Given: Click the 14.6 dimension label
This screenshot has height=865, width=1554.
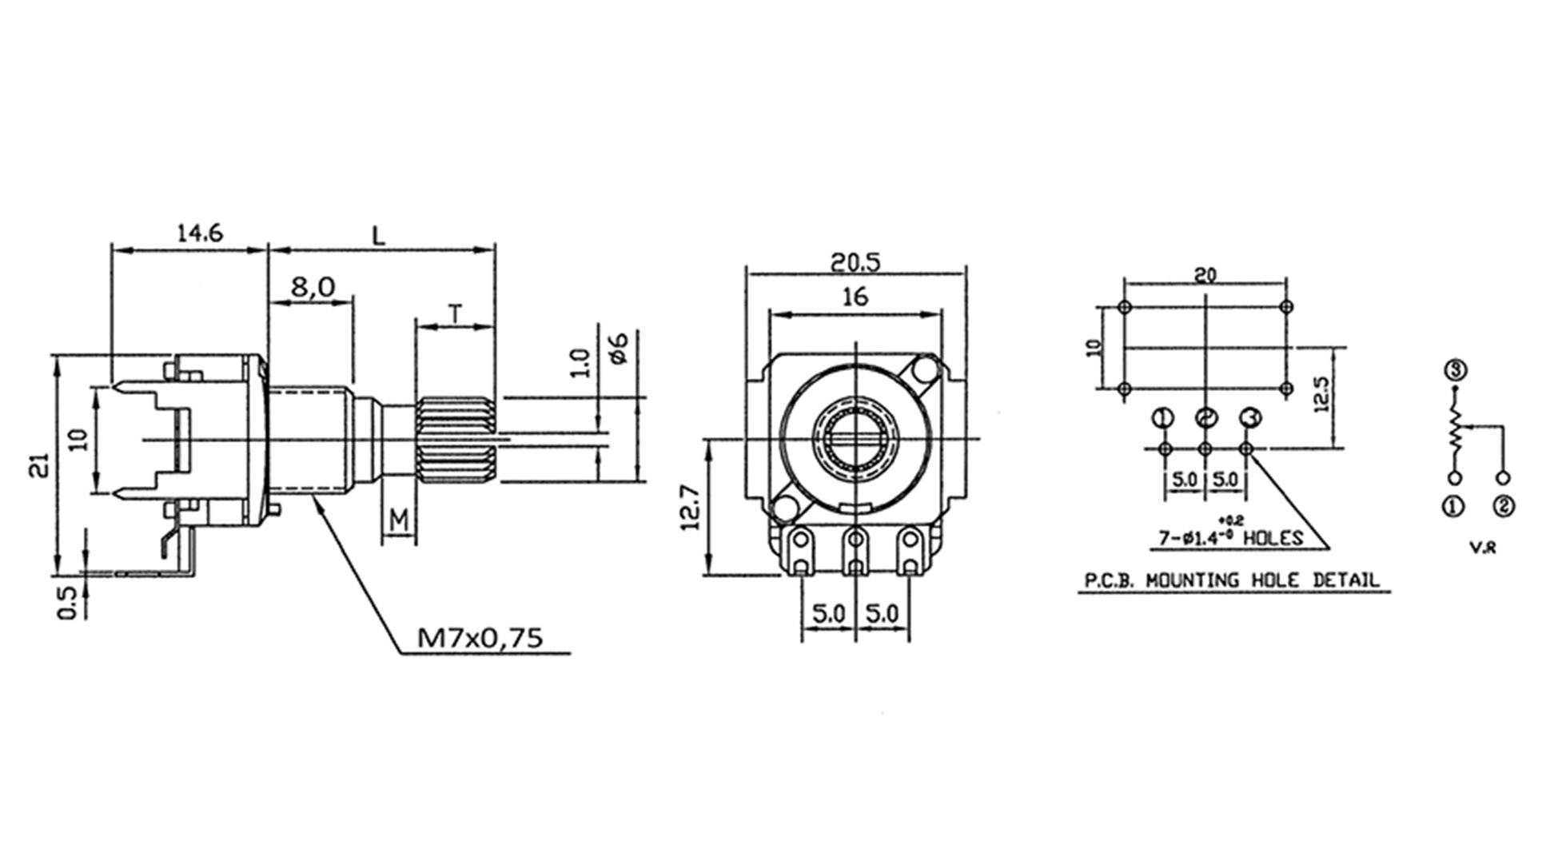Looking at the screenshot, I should [x=199, y=233].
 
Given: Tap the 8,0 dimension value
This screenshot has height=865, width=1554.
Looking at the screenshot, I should [x=313, y=287].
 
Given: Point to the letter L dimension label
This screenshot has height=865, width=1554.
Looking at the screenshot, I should [x=379, y=235].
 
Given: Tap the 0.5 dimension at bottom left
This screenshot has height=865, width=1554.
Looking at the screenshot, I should [x=68, y=602].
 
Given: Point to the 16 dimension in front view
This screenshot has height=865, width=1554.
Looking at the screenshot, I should [x=855, y=297].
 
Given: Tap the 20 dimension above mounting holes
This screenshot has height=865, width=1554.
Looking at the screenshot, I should [x=1205, y=275].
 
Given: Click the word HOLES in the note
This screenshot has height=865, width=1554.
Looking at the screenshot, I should [x=1273, y=538].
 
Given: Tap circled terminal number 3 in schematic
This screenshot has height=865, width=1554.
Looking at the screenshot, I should [x=1455, y=370].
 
